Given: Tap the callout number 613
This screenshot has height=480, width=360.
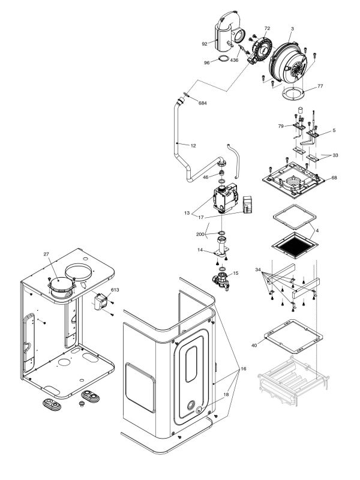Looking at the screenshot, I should point(115,289).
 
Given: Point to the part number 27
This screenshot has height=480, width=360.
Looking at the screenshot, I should point(46,254).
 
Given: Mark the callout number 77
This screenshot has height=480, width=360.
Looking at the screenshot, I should point(320,86).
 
